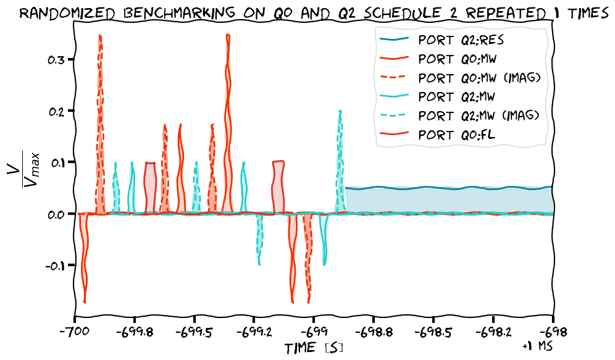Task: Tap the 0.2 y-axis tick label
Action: click(56, 111)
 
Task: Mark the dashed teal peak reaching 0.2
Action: click(340, 112)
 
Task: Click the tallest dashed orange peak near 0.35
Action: click(99, 37)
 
